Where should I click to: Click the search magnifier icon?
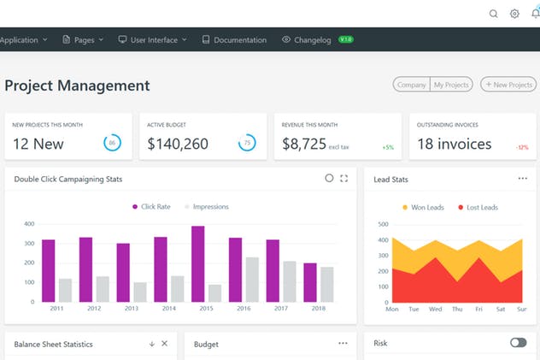493,14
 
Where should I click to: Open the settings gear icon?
514,14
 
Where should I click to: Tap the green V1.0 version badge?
346,39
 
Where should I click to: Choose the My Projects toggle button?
452,85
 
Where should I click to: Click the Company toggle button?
411,85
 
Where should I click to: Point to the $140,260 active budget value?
178,144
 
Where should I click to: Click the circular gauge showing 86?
112,143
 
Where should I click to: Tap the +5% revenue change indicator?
388,147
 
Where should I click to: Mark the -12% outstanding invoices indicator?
521,147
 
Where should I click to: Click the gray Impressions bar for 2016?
252,279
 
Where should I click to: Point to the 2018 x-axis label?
319,308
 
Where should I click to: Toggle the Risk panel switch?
518,343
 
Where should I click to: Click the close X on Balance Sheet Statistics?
165,344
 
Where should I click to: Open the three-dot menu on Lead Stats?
522,179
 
